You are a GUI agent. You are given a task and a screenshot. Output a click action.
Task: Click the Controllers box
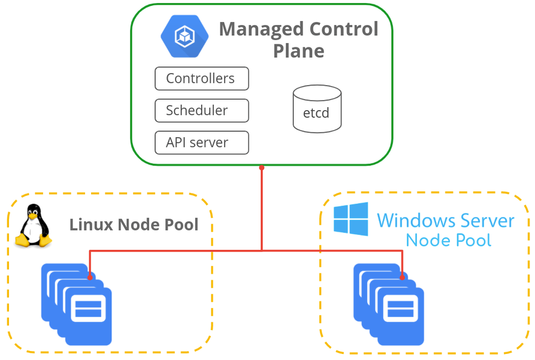pos(201,78)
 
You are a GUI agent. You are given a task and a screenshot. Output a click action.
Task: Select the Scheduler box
pos(201,111)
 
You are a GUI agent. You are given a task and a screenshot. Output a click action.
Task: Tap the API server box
pos(201,143)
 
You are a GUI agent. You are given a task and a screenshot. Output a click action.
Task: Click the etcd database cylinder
pos(317,110)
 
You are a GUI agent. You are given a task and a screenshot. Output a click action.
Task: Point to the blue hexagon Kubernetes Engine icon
pos(184,36)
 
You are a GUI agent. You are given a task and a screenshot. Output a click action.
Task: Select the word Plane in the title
pos(298,51)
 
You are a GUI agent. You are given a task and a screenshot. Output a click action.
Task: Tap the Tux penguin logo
pos(33,226)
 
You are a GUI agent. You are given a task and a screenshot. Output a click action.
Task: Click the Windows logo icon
pos(351,219)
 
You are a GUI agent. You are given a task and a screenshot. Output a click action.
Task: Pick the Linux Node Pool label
pos(134,225)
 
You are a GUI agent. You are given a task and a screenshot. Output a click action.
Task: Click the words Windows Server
pos(445,220)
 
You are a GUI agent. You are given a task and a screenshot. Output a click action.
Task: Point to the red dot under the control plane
pos(262,168)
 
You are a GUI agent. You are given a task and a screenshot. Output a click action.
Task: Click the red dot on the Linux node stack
pos(90,277)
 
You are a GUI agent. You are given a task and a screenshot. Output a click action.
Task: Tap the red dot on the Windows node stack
pos(402,277)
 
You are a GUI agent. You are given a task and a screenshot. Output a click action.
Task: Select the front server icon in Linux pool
pos(88,316)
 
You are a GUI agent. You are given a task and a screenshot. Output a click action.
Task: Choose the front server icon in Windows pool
pos(400,316)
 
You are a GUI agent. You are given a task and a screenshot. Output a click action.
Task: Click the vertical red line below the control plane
pos(262,210)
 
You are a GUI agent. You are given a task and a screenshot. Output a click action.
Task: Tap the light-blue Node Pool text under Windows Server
pos(448,241)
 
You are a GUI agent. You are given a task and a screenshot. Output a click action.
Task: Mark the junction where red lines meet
pos(262,250)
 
